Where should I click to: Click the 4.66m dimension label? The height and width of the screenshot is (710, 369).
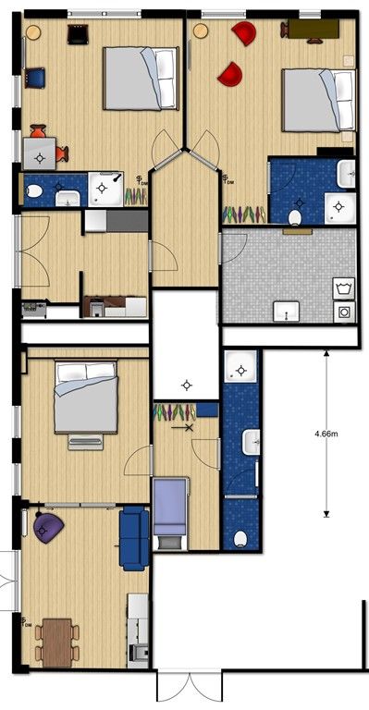click(326, 434)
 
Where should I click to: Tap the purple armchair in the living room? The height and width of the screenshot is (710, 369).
click(48, 528)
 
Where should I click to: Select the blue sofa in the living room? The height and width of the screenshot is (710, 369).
click(134, 538)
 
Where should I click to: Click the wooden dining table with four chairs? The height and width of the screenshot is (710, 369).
click(57, 643)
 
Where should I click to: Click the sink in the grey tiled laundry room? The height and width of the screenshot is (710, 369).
click(286, 312)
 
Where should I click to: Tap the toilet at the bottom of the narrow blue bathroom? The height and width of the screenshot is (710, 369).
click(240, 539)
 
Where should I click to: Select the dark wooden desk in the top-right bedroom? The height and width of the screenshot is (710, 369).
click(314, 29)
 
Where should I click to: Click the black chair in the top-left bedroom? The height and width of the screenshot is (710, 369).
click(78, 34)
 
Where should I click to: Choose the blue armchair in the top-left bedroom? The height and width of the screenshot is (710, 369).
click(35, 78)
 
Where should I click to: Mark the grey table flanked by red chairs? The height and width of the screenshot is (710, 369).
click(40, 153)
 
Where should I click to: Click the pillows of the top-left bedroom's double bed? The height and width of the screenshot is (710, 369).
click(165, 79)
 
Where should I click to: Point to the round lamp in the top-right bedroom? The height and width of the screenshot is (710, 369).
click(201, 31)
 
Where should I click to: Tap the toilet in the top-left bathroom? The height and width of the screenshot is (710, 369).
click(35, 191)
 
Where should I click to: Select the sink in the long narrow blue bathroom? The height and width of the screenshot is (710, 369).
click(252, 442)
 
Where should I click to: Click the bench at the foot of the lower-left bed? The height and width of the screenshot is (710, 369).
click(85, 443)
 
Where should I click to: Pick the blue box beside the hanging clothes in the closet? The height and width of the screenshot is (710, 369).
click(207, 410)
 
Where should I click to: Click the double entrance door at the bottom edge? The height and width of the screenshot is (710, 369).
click(190, 689)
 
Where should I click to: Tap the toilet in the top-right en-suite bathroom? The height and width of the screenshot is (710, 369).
click(295, 218)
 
